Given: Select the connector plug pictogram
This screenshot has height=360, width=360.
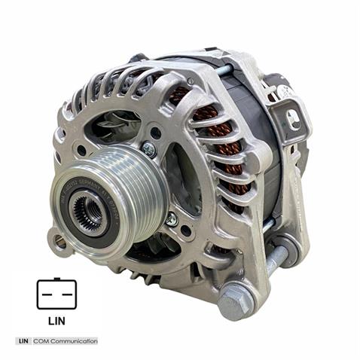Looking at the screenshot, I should [56, 294].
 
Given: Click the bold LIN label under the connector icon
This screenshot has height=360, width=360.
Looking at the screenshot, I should [56, 320].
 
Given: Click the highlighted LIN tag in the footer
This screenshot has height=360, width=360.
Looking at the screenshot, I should [23, 341].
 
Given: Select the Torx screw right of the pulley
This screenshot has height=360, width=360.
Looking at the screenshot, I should [171, 219].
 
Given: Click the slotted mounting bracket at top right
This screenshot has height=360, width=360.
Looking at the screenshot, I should [290, 117].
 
